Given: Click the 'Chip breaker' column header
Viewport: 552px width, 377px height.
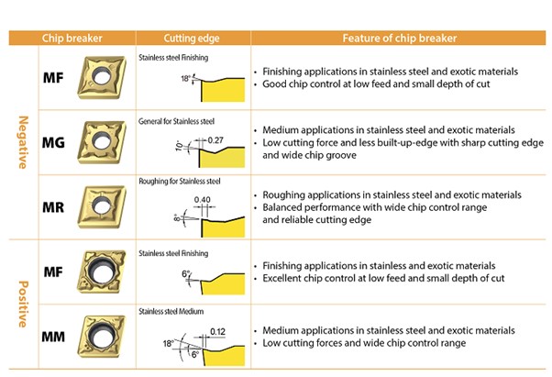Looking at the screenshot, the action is click(72, 38).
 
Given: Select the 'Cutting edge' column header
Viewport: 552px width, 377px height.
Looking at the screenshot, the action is click(192, 38).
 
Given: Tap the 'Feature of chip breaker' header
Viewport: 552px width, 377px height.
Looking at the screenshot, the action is click(400, 38).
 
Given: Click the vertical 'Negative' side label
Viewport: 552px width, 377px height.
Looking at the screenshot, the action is click(23, 142).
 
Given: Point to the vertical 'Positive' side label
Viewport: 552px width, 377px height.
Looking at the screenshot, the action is click(23, 304).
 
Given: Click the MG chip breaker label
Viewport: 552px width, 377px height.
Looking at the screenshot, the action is click(53, 142).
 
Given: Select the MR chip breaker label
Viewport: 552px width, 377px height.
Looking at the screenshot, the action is click(53, 207).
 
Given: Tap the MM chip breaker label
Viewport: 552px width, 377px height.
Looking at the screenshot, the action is click(53, 337).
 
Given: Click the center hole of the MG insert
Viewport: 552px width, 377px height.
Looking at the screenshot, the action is click(102, 141).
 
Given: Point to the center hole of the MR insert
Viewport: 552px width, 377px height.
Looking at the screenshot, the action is click(102, 205).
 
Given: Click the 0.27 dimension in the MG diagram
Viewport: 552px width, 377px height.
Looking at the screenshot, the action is click(215, 140).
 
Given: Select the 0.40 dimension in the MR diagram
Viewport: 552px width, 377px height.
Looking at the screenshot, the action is click(202, 200).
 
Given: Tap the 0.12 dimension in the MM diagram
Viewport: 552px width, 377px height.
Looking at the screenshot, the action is click(217, 331).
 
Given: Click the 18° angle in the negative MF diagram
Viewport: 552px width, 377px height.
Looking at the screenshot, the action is click(185, 79).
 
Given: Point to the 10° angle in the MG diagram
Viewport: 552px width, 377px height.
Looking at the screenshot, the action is click(179, 146).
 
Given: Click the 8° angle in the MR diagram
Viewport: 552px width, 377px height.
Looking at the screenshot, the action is click(177, 218).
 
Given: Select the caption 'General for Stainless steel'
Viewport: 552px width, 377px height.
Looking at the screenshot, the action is click(176, 121).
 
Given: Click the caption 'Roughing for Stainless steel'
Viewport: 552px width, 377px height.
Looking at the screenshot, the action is click(180, 182).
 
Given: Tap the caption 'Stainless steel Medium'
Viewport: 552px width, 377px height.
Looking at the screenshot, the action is click(171, 311).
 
